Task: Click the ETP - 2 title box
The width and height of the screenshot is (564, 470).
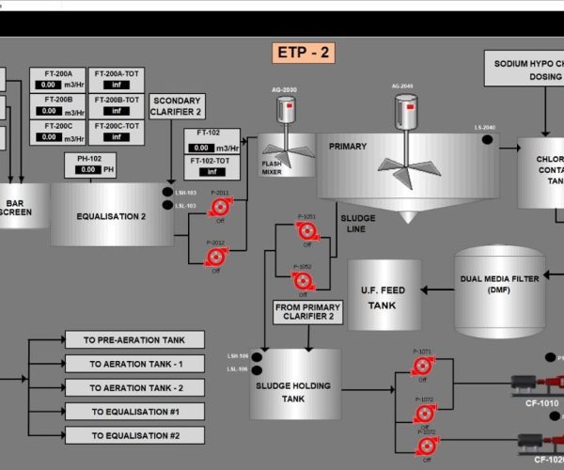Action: click(x=303, y=53)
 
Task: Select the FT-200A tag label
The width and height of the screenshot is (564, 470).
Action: click(x=58, y=72)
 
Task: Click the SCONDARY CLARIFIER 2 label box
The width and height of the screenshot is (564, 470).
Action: click(x=177, y=105)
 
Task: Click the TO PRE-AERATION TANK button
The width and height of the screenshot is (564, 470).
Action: click(x=134, y=339)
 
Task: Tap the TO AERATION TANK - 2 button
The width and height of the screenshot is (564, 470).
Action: click(x=134, y=388)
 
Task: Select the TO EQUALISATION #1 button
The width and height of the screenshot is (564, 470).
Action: click(x=134, y=412)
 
